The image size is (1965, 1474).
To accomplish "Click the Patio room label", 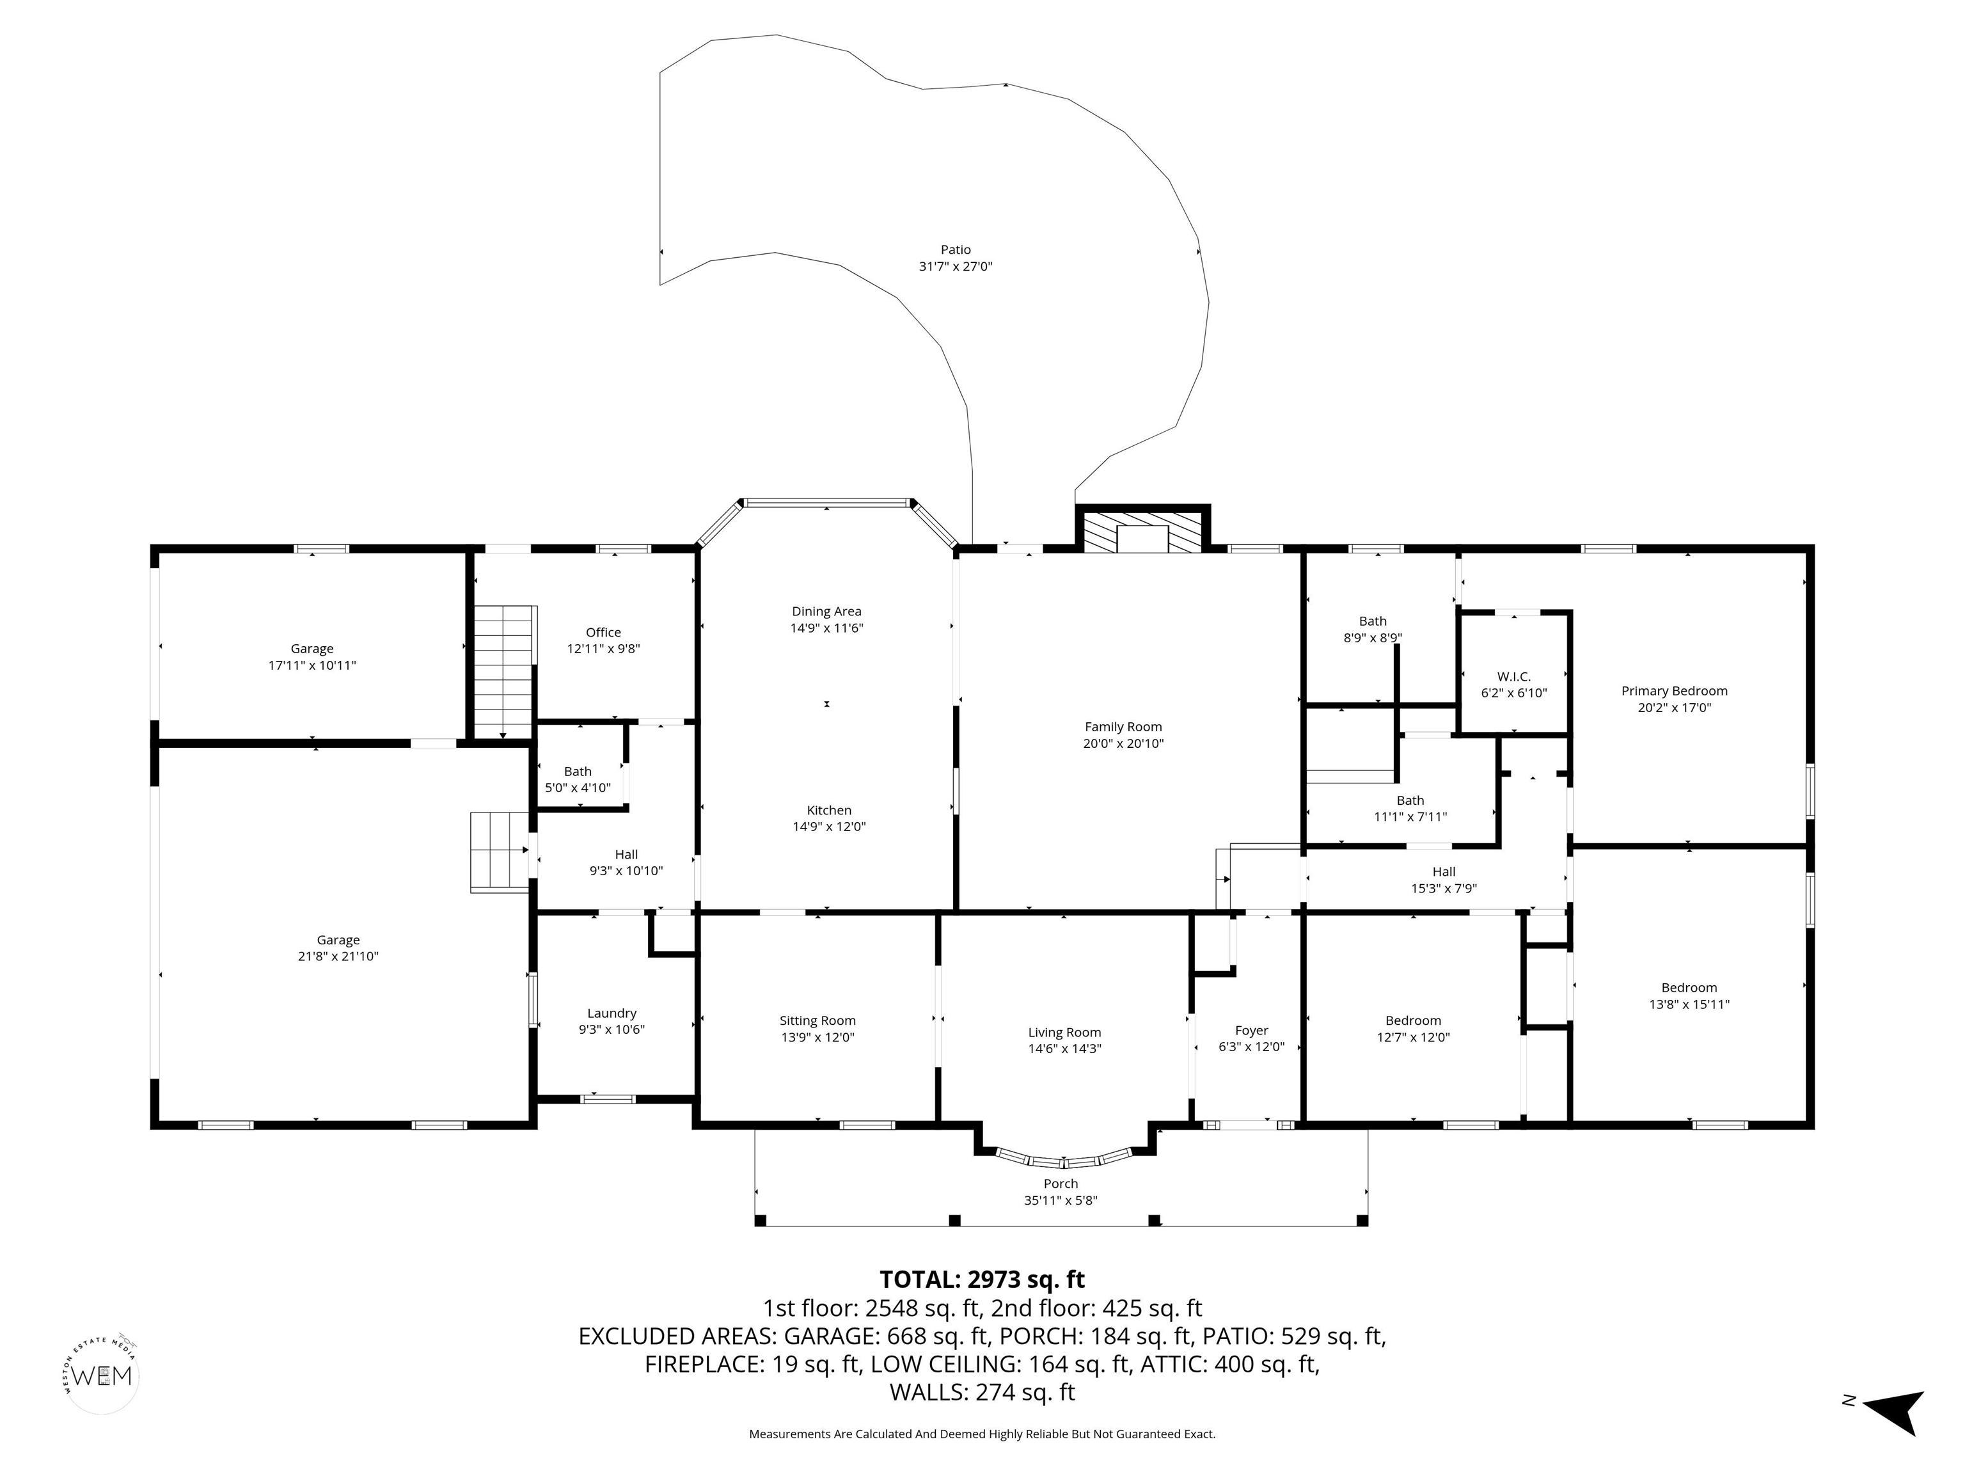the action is (956, 250).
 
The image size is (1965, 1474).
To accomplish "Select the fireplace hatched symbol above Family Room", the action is (1143, 531).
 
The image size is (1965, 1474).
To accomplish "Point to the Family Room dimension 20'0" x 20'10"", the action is (1123, 743).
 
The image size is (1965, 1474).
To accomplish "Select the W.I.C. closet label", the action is (1513, 677).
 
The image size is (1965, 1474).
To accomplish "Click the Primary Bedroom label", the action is (1675, 691).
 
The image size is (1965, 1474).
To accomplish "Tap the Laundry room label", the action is (612, 1013).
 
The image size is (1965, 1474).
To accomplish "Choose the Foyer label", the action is (1252, 1031).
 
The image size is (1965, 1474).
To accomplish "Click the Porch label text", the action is (1061, 1184).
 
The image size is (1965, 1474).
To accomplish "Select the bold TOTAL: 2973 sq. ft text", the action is (982, 1280).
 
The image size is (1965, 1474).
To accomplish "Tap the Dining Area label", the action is (826, 611).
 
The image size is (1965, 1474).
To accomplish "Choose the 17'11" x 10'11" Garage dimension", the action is (312, 665).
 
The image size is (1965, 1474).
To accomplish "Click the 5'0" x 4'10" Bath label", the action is (578, 787).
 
